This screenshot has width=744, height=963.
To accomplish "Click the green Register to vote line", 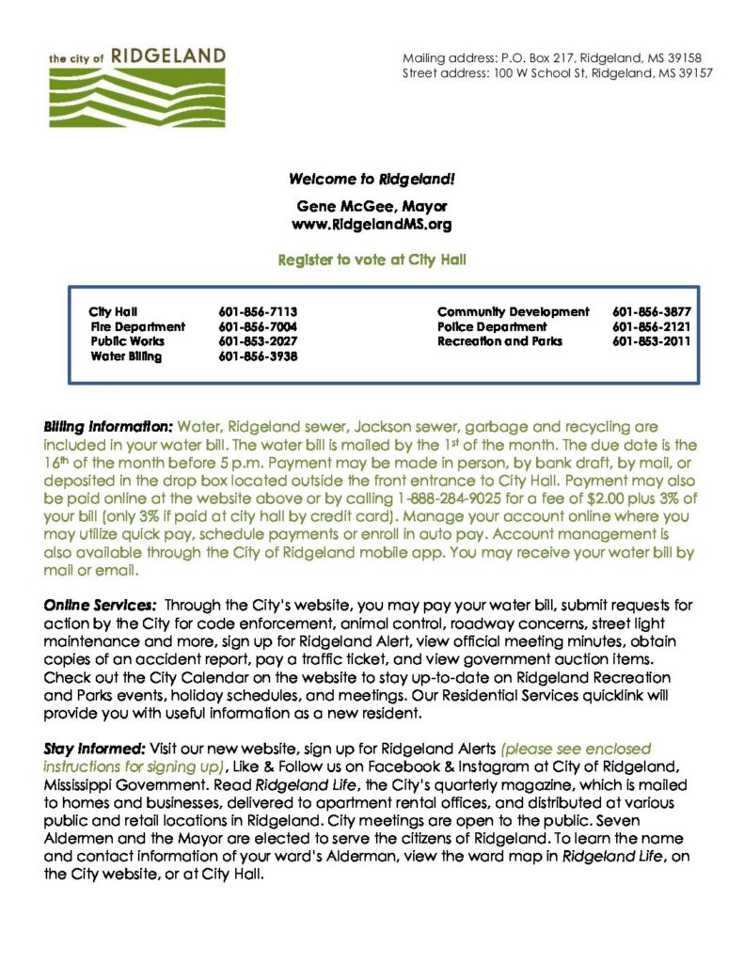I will (372, 259).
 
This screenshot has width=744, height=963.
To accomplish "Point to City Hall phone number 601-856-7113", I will (258, 311).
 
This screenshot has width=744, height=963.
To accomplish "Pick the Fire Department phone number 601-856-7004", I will (258, 326).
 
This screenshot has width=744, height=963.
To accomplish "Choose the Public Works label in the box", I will (127, 341).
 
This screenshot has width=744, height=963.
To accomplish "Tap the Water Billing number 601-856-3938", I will (258, 356).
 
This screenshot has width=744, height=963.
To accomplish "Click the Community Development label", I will (513, 311).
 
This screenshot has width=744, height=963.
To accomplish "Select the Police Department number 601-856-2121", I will (651, 326).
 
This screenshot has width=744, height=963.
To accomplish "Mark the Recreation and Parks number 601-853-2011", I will (651, 341).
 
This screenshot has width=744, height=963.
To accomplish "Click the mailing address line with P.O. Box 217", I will (552, 58).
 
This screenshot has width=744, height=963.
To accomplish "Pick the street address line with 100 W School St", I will (558, 73).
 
